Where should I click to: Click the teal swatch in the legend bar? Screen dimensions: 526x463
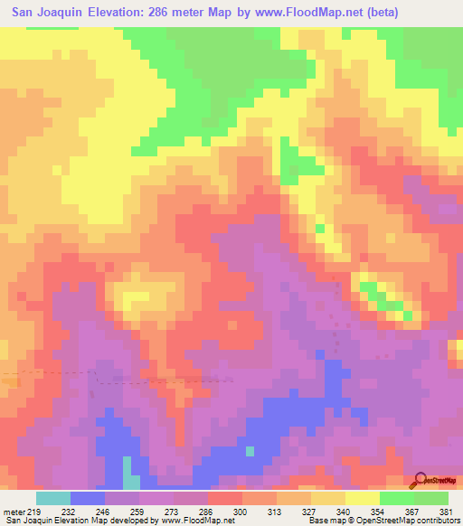tap(53, 498)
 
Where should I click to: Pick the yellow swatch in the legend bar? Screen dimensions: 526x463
tap(363, 498)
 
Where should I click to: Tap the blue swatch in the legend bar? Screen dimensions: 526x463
tap(88, 498)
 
